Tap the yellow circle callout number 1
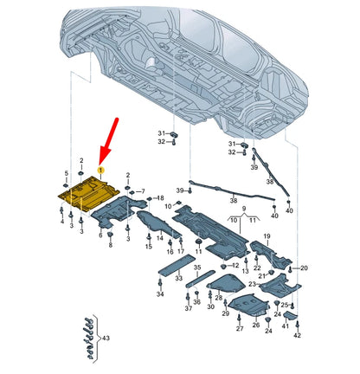pos(101,170)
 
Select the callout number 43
pos(106,337)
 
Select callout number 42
pos(297,333)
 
